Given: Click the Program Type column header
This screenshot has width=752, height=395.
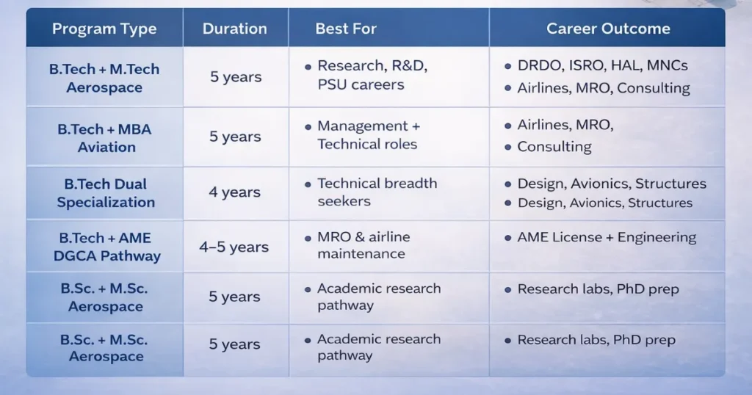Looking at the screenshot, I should coord(104,29).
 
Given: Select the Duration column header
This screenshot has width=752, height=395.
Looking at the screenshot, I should coord(235,29).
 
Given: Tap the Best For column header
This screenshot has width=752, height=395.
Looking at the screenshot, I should coord(346,29).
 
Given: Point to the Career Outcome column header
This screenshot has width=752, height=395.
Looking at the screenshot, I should coord(608,29).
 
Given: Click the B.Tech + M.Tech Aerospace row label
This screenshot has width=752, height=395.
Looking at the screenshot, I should coord(104,78).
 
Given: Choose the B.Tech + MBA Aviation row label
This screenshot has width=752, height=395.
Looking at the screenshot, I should coord(104,138).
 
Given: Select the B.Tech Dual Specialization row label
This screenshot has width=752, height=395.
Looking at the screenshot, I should coord(105,193).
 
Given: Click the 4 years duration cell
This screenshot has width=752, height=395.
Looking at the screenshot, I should coord(235,192).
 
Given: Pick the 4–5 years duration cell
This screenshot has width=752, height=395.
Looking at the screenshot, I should coord(235,247).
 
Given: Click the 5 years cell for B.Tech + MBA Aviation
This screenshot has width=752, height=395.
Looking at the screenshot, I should coord(235,137).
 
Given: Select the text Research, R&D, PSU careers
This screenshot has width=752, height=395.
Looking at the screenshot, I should coord(372,76).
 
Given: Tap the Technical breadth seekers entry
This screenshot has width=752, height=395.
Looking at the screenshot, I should coord(377,192).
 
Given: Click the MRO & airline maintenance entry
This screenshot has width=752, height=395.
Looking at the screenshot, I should coord(364,245).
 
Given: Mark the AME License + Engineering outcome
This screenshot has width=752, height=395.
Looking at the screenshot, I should coord(607,237).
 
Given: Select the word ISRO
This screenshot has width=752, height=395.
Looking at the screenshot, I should coord(584,66).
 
